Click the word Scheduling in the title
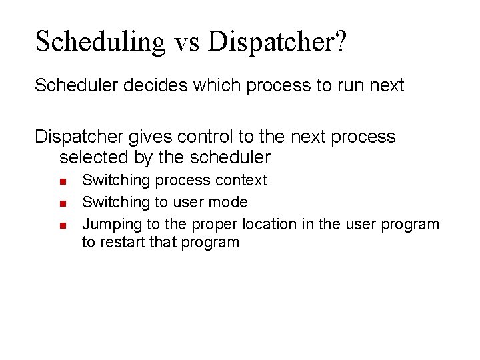pyautogui.click(x=99, y=41)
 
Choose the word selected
pyautogui.click(x=92, y=158)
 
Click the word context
pyautogui.click(x=243, y=180)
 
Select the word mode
pyautogui.click(x=233, y=202)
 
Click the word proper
pyautogui.click(x=217, y=225)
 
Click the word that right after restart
pyautogui.click(x=161, y=242)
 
